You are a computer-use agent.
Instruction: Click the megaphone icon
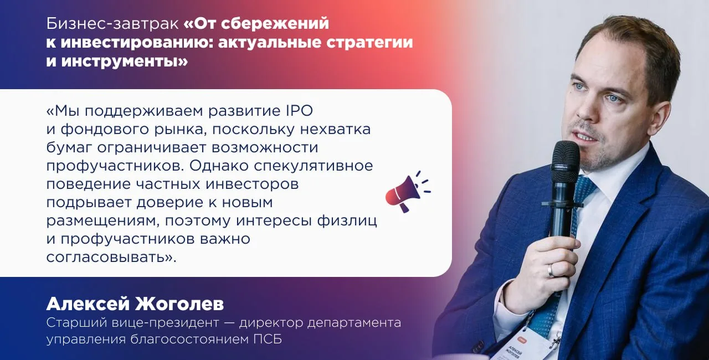coord(407,192)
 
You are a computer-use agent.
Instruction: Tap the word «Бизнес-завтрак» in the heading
coord(112,24)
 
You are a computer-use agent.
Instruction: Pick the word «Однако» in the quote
coord(219,166)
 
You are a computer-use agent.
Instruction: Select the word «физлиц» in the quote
coord(347,221)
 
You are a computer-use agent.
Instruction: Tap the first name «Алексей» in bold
coord(88,304)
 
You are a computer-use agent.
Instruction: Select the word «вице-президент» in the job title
coord(165,323)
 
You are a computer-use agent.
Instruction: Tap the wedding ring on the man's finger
coord(551,270)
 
